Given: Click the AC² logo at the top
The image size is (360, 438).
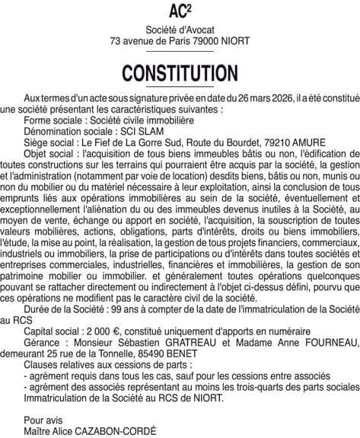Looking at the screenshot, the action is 180,11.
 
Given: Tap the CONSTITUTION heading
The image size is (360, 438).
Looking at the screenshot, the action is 180,73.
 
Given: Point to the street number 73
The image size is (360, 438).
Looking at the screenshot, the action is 116,40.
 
